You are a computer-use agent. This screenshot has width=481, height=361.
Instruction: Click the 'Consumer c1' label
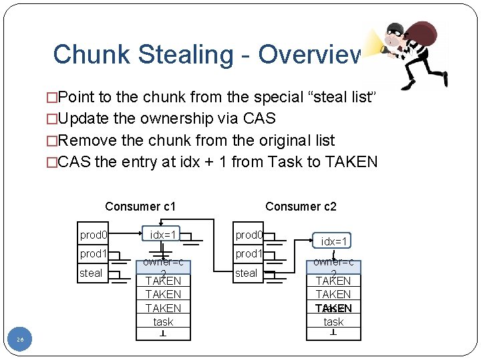tap(140, 207)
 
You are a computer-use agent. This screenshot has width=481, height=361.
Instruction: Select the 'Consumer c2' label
tap(301, 207)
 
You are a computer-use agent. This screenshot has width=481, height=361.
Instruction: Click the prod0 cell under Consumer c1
tap(94, 235)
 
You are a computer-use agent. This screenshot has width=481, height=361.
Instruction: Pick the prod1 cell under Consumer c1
tap(94, 254)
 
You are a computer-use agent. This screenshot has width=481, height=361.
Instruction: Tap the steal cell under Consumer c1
tap(91, 273)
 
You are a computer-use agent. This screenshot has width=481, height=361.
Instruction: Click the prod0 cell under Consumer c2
tap(249, 235)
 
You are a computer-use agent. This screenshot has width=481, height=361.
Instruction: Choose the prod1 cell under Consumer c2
tap(249, 254)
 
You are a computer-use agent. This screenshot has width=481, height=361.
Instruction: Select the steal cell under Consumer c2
tap(246, 273)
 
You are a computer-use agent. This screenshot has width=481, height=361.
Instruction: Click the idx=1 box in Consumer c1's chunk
tap(163, 235)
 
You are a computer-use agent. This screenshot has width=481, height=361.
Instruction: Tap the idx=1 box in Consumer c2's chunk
tap(333, 241)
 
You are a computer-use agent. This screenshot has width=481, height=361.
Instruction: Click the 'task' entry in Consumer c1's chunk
tap(163, 322)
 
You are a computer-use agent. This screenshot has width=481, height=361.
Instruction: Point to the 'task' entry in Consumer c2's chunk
tap(333, 322)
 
